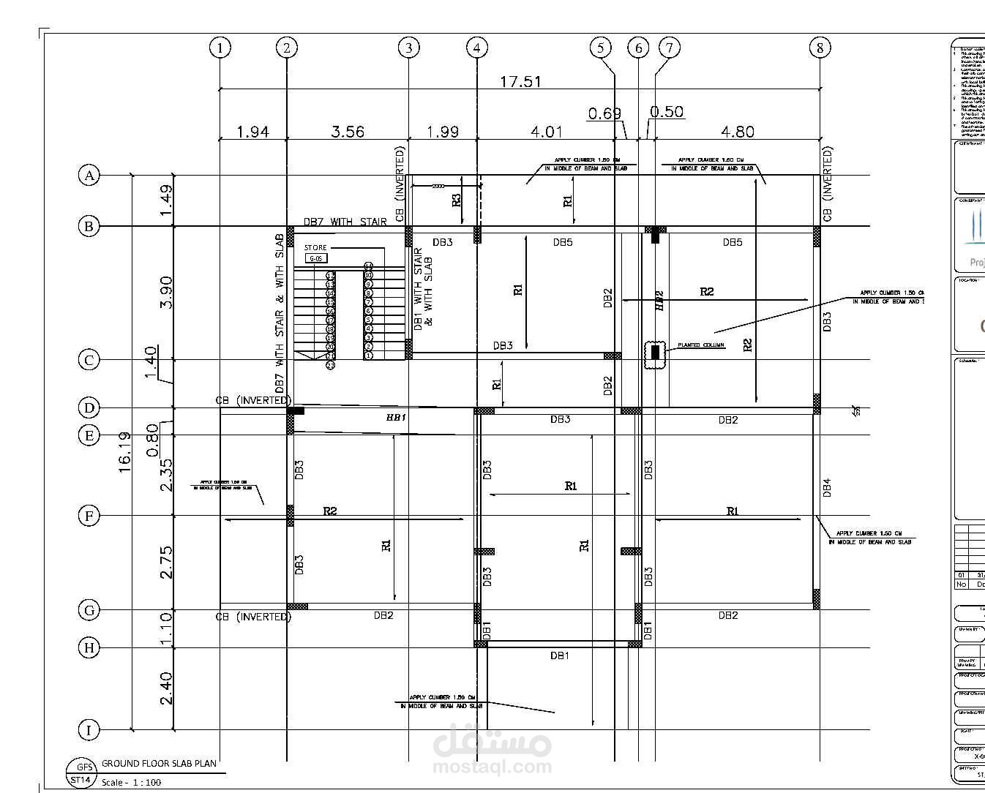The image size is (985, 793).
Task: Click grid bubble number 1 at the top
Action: pyautogui.click(x=220, y=48)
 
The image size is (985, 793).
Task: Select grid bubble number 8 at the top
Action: pyautogui.click(x=820, y=48)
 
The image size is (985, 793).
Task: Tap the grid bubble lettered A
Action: pyautogui.click(x=89, y=176)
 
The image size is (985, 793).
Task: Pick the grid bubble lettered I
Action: pyautogui.click(x=89, y=730)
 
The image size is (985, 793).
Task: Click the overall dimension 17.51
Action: pyautogui.click(x=520, y=81)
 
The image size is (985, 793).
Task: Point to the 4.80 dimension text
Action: pyautogui.click(x=737, y=132)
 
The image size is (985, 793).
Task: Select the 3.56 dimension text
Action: pyautogui.click(x=347, y=132)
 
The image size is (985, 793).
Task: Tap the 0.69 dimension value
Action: pyautogui.click(x=604, y=113)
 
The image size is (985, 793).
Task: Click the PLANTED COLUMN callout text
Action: pyautogui.click(x=700, y=345)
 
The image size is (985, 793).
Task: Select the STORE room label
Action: pyautogui.click(x=315, y=248)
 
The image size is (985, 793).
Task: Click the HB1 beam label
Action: pyautogui.click(x=396, y=417)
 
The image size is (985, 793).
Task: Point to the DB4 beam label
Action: pyautogui.click(x=826, y=488)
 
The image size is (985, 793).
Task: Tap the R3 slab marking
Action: pyautogui.click(x=457, y=199)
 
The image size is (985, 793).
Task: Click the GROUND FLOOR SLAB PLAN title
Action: pyautogui.click(x=159, y=763)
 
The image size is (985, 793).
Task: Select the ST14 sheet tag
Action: pyautogui.click(x=80, y=780)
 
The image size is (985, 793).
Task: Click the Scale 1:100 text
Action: pyautogui.click(x=131, y=782)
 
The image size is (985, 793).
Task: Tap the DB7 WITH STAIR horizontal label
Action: pyautogui.click(x=345, y=222)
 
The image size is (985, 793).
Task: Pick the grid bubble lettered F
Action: pyautogui.click(x=89, y=516)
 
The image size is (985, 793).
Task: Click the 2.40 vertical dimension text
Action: pyautogui.click(x=166, y=688)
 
